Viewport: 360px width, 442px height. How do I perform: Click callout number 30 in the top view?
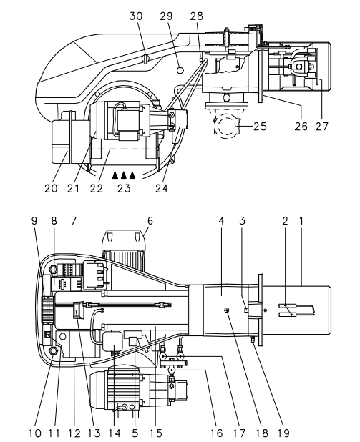click(136, 16)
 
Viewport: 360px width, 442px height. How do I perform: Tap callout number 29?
click(166, 16)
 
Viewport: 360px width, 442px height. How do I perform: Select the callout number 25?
click(260, 127)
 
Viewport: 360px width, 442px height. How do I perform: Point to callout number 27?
click(322, 127)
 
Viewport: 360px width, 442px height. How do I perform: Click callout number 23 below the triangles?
click(124, 188)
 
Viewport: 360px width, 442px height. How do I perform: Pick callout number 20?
click(51, 188)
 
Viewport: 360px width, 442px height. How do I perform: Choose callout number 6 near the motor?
click(150, 220)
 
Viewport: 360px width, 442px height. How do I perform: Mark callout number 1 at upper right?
click(301, 220)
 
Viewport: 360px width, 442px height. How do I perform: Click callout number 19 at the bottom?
click(283, 433)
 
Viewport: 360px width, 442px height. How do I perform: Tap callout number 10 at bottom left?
click(35, 433)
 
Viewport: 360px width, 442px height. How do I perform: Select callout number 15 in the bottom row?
click(156, 433)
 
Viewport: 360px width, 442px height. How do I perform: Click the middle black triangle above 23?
click(124, 175)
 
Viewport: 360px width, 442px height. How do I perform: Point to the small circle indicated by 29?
click(180, 69)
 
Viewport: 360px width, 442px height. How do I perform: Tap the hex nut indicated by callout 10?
click(54, 350)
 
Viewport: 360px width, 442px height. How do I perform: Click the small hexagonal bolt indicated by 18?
click(226, 310)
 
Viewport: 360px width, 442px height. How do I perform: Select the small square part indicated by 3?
click(246, 310)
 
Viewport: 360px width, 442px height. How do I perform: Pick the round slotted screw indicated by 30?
click(145, 59)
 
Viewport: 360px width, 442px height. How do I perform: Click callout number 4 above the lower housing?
click(221, 220)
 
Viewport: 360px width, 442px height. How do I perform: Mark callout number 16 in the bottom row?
click(216, 433)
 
